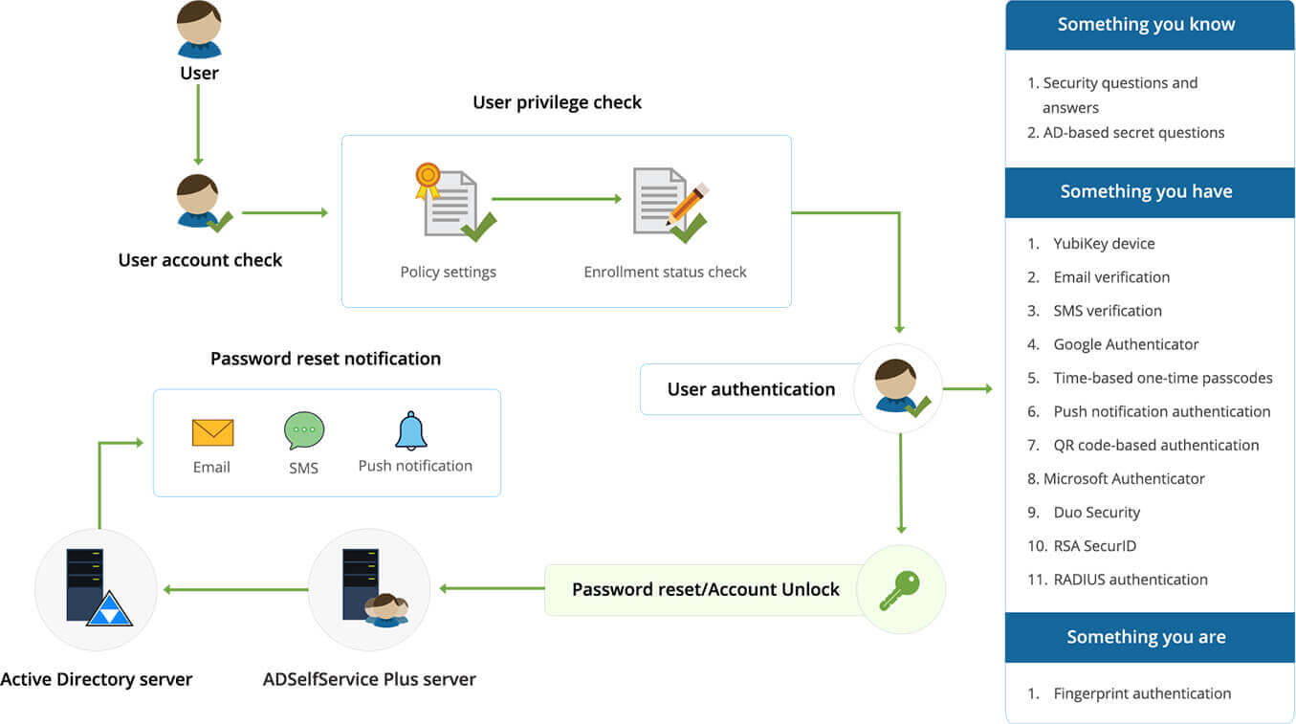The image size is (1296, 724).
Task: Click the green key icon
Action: click(x=899, y=589)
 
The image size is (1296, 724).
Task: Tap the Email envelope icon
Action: click(x=212, y=432)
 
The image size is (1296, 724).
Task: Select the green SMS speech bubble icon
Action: click(x=304, y=431)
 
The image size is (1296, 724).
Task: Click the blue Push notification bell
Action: click(x=411, y=431)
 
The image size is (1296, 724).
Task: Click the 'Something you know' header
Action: click(x=1146, y=25)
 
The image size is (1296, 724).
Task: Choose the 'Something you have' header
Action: click(x=1146, y=192)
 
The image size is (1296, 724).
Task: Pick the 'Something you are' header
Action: click(x=1146, y=637)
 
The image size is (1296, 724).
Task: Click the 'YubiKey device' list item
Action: click(x=1104, y=244)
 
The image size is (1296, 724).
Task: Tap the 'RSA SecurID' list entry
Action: click(x=1095, y=546)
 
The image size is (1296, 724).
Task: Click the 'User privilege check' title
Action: click(x=557, y=102)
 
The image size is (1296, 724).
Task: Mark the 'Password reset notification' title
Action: click(x=325, y=360)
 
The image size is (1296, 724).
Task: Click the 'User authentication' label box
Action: click(x=751, y=389)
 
